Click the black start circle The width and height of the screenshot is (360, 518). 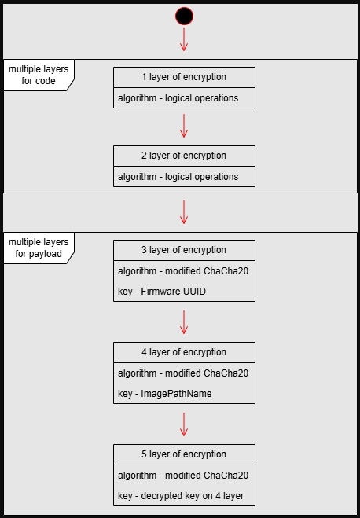coord(184,17)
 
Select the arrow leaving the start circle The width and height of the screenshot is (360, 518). coord(184,39)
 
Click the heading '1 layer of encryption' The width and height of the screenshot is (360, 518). coord(184,77)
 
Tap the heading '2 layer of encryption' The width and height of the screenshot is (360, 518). coord(184,156)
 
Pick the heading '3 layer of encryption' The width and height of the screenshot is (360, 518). coord(184,250)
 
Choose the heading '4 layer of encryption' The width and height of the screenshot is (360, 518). coord(184,352)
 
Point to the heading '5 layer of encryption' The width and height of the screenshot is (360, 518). coord(184,454)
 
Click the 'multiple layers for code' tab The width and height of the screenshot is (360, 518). coord(39,75)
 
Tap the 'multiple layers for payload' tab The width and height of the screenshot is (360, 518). coord(39,248)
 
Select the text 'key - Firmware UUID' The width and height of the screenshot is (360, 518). coord(162,292)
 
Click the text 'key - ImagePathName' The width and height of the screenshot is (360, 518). coord(165,394)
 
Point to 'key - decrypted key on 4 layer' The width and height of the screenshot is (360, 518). coord(181,496)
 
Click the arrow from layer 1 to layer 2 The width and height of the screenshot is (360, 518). coord(184,126)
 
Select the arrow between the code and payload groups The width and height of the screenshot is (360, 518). coord(184,212)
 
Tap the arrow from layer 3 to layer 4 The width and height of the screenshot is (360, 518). coord(184,322)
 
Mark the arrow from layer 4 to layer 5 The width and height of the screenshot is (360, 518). coord(184,424)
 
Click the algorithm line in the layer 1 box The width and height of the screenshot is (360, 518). coord(178,98)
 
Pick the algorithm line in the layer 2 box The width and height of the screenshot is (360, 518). coord(178,177)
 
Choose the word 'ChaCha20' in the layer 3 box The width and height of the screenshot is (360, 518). coord(226,271)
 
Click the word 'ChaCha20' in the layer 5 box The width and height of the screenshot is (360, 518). coord(226,476)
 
